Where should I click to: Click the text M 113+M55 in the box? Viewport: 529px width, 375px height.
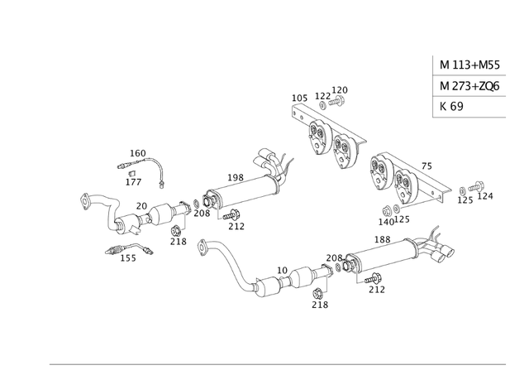coord(468,65)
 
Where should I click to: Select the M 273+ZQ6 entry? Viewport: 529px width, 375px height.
coord(469,86)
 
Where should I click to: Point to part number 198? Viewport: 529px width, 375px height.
coord(235,178)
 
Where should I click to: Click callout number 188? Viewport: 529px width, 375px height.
coord(382,240)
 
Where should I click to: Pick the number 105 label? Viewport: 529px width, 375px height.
coord(299,98)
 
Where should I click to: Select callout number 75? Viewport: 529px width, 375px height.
coord(427,166)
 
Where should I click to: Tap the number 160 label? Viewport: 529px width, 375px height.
coord(138,153)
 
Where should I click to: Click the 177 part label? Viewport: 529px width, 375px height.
coord(133,181)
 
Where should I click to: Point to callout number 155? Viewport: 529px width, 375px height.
coord(128,257)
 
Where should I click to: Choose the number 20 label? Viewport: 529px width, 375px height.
coord(141,206)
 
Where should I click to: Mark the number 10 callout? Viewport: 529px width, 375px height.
coord(283,271)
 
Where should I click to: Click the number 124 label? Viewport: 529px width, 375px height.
coord(485,196)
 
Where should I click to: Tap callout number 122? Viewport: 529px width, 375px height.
coord(322,96)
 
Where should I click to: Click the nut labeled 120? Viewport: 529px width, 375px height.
coord(338,102)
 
